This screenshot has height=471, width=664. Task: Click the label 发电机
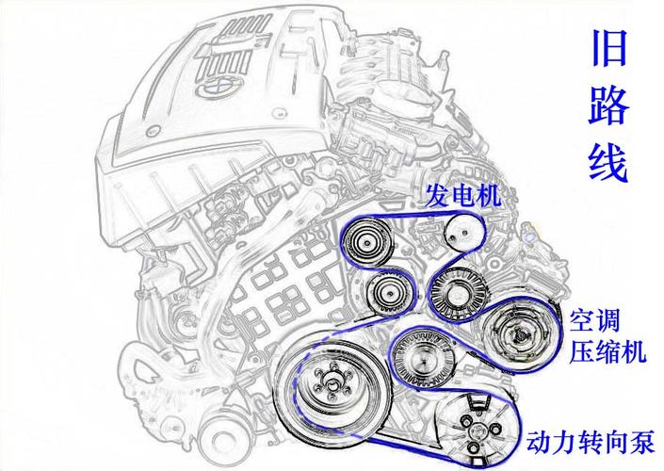[x=462, y=196]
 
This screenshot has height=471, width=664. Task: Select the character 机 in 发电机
[x=489, y=196]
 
